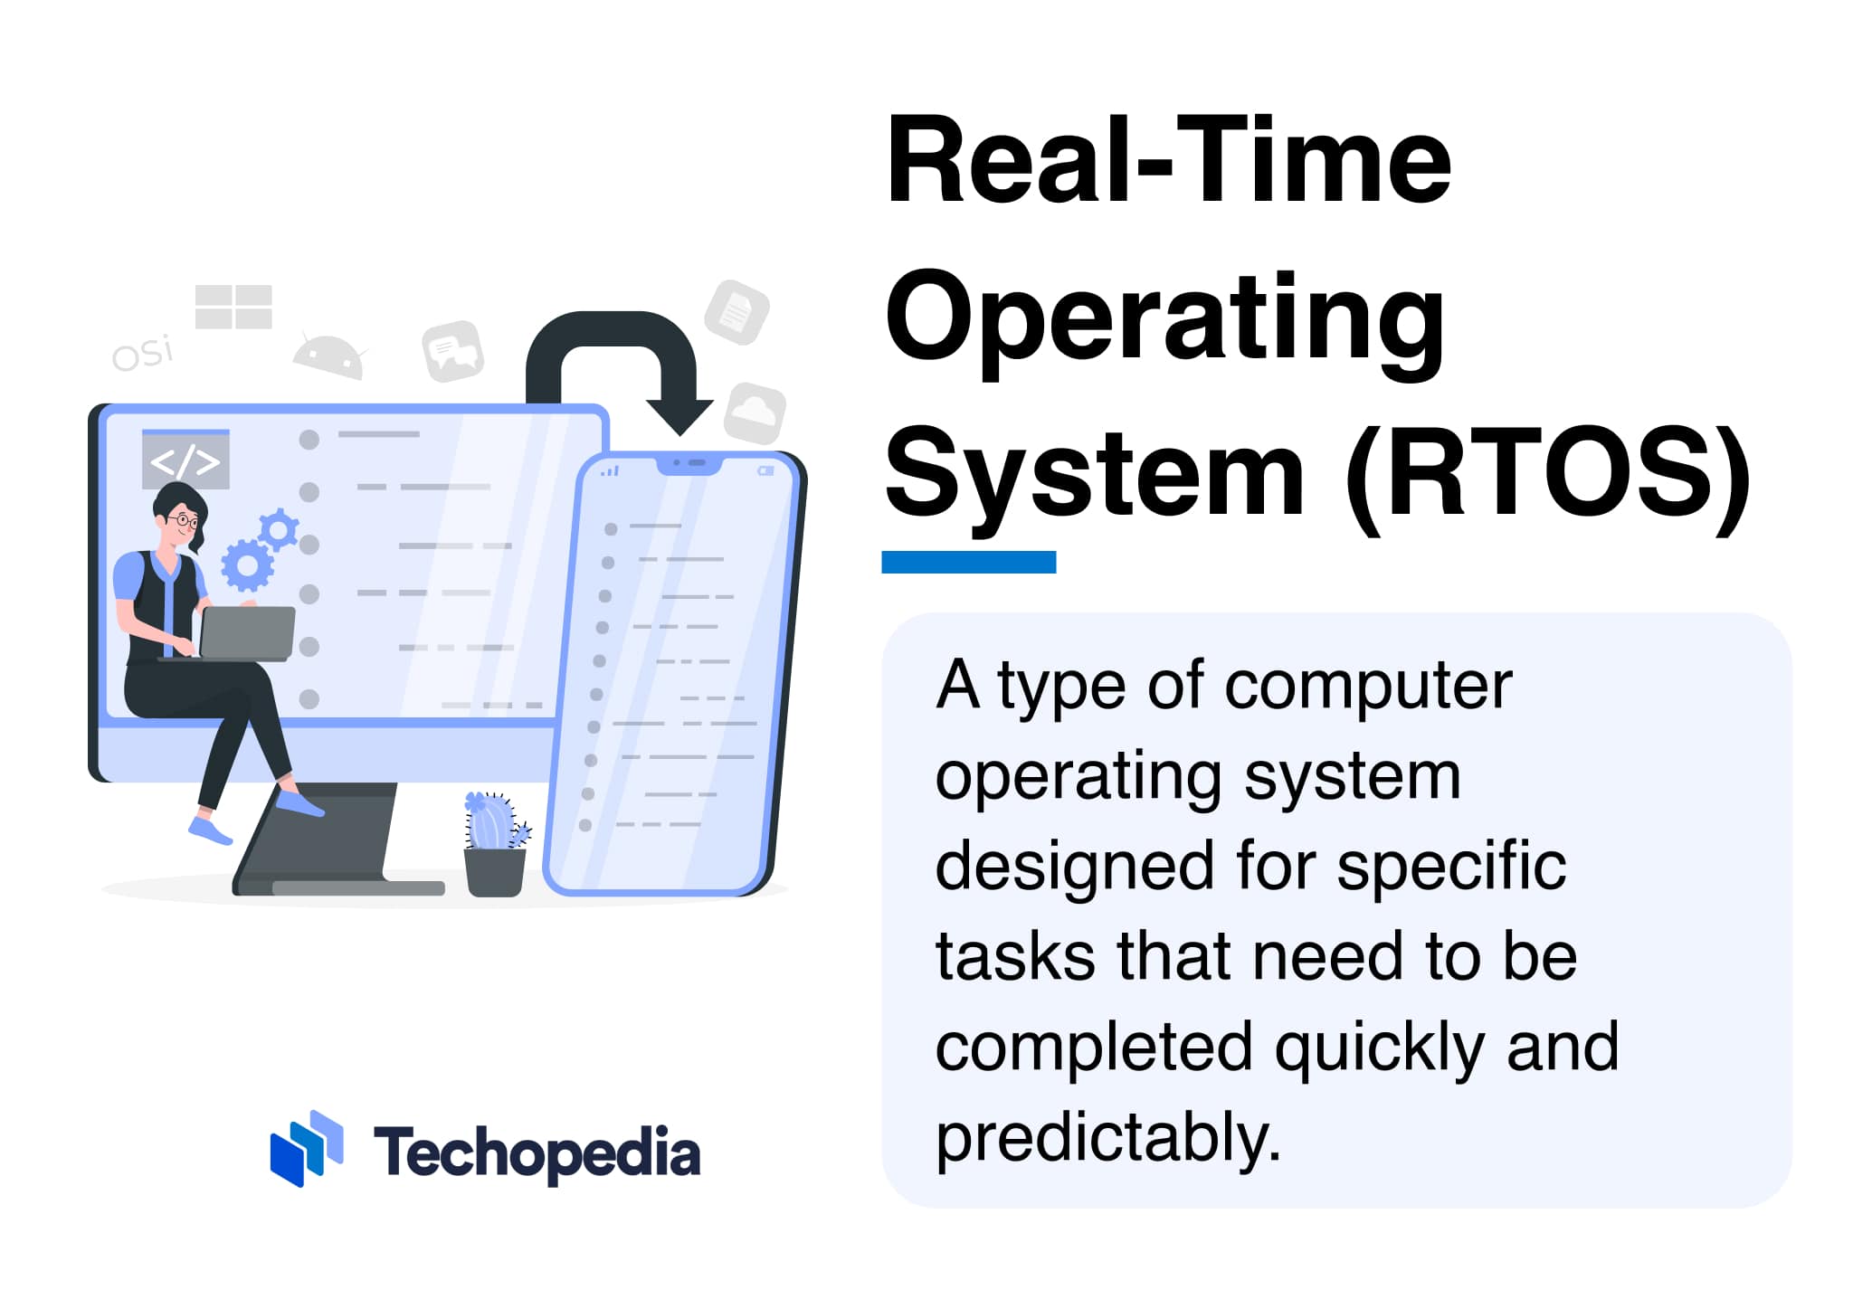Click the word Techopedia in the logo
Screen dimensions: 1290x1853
(x=537, y=1153)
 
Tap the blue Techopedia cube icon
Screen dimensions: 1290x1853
(x=306, y=1148)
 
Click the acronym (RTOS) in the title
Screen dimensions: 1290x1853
(x=1548, y=475)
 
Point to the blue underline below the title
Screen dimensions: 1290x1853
(x=968, y=562)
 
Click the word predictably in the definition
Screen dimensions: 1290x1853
(x=1107, y=1137)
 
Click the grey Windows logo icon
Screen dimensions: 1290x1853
(x=233, y=307)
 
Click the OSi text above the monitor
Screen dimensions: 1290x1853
(x=142, y=353)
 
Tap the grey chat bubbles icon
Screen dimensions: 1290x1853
(x=452, y=351)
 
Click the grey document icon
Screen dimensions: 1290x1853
(x=736, y=312)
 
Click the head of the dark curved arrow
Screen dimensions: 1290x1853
(x=680, y=417)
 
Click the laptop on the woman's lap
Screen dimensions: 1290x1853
(x=246, y=632)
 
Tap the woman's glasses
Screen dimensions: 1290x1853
(x=184, y=520)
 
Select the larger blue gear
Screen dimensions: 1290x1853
(x=247, y=565)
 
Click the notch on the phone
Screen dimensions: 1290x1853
(x=689, y=464)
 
